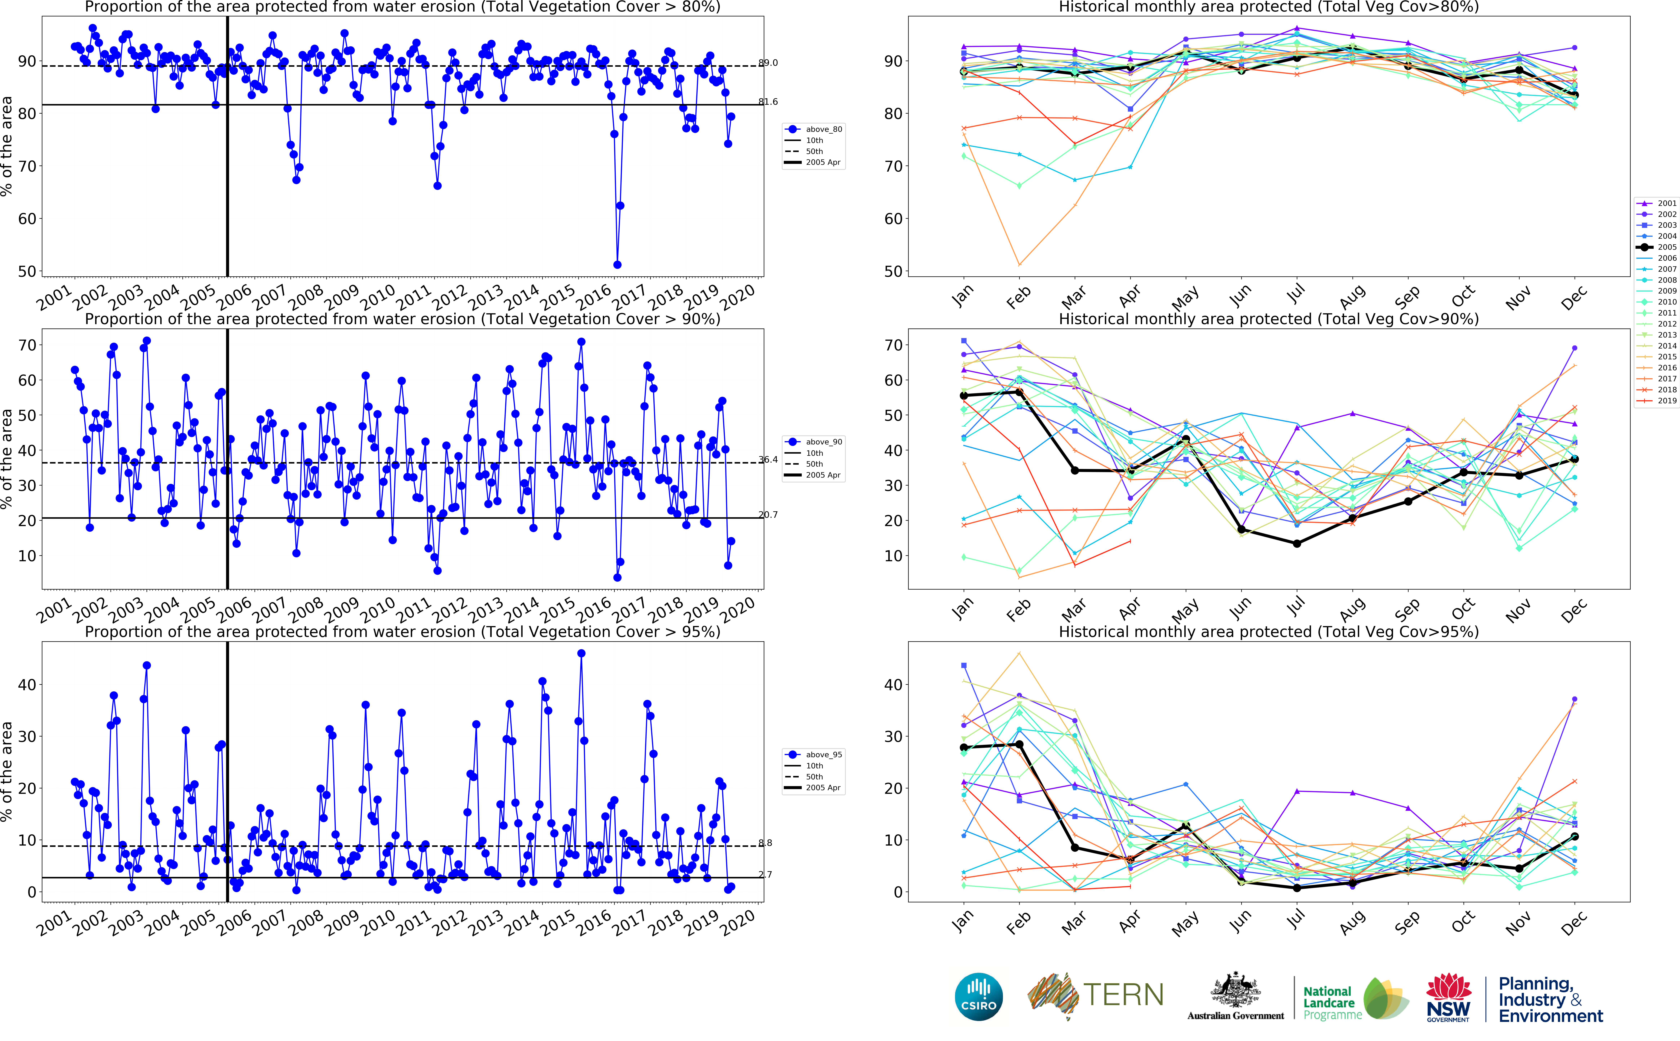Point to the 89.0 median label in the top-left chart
[x=768, y=63]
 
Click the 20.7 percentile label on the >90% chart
[x=768, y=514]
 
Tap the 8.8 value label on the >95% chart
[x=765, y=843]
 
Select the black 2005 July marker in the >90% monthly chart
[x=1297, y=543]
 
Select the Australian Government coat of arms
[x=1235, y=990]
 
